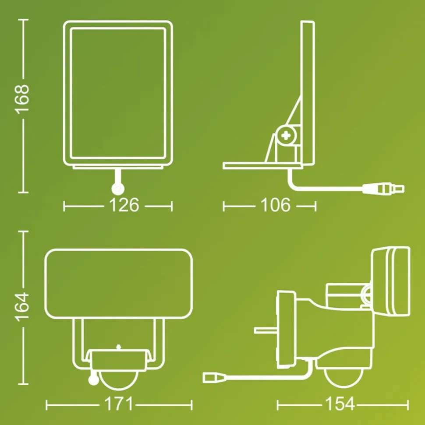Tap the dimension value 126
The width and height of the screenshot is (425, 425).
click(124, 205)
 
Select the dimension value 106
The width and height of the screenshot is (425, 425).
click(276, 205)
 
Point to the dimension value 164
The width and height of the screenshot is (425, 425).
click(22, 307)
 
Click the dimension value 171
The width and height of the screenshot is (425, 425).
click(119, 404)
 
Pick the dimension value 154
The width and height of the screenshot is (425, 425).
click(340, 404)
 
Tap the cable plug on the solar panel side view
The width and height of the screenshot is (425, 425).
click(383, 189)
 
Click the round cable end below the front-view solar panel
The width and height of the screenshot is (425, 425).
click(118, 189)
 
